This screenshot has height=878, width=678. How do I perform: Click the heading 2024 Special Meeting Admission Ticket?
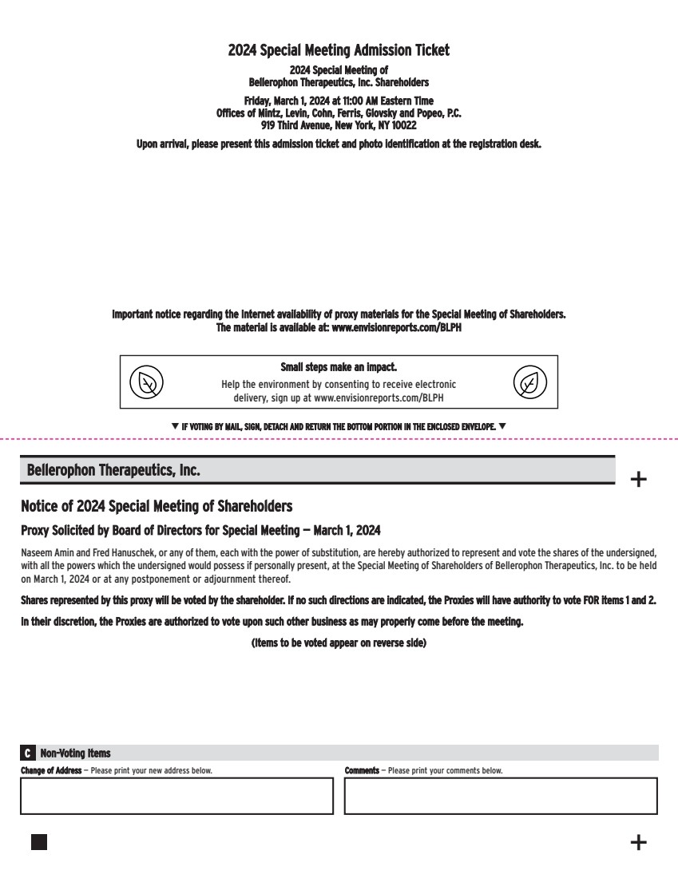click(339, 50)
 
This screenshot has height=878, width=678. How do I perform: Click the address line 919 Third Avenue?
click(339, 125)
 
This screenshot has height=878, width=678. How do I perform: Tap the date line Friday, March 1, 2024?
click(339, 101)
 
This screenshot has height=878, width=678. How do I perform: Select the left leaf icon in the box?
click(147, 382)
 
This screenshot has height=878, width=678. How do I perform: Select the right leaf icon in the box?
click(530, 382)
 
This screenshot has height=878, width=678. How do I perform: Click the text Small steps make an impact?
click(339, 368)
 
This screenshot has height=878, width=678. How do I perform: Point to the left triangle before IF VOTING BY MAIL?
click(175, 426)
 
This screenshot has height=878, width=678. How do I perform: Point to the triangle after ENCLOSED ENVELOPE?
click(502, 426)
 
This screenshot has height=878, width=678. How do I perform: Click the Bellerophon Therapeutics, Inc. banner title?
click(113, 471)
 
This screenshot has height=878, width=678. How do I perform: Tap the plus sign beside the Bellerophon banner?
click(639, 480)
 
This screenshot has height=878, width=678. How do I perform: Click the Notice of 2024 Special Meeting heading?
click(157, 506)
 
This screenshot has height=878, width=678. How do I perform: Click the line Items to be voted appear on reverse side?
click(339, 643)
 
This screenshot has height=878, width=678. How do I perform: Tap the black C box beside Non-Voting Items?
click(29, 753)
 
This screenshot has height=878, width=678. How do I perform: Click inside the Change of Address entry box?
click(176, 795)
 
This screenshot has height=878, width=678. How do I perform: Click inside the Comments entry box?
click(501, 795)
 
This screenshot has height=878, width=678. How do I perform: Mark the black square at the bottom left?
click(39, 842)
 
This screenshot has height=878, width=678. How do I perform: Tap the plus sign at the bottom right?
click(639, 842)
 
